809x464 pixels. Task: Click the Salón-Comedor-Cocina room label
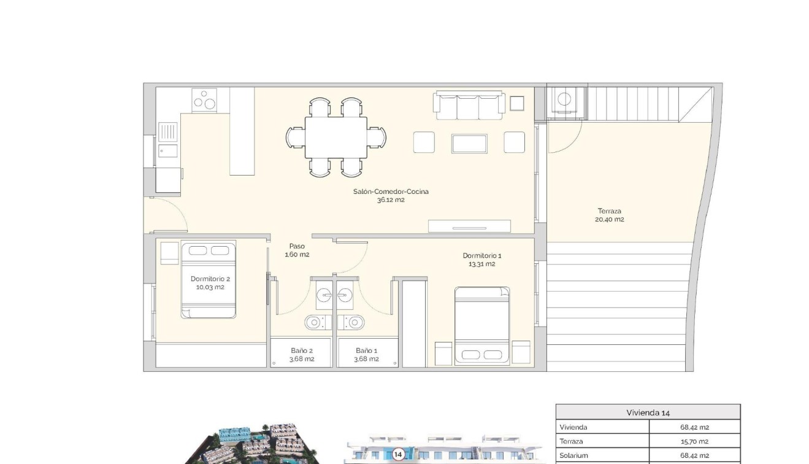pos(391,195)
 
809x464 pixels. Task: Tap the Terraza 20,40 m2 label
pos(610,215)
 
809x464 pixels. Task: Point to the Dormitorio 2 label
pos(210,282)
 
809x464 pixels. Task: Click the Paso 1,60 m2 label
pos(297,250)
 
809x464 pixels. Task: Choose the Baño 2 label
pos(302,355)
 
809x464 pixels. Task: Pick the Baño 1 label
pos(366,355)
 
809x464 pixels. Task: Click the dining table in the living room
pos(336,137)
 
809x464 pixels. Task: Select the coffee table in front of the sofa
pos(470,143)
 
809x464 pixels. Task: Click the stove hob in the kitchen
pos(205,99)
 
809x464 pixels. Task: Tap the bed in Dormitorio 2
pos(209,279)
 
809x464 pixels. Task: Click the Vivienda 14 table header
pos(648,412)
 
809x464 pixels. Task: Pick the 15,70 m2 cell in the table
pos(694,441)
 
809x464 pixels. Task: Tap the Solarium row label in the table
pos(573,455)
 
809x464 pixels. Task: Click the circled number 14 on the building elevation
pos(398,454)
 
